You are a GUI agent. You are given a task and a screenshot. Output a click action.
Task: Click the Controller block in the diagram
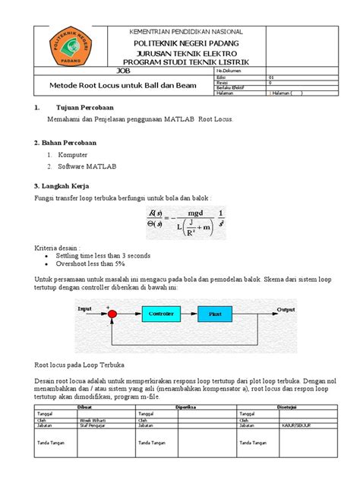tap(160, 313)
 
